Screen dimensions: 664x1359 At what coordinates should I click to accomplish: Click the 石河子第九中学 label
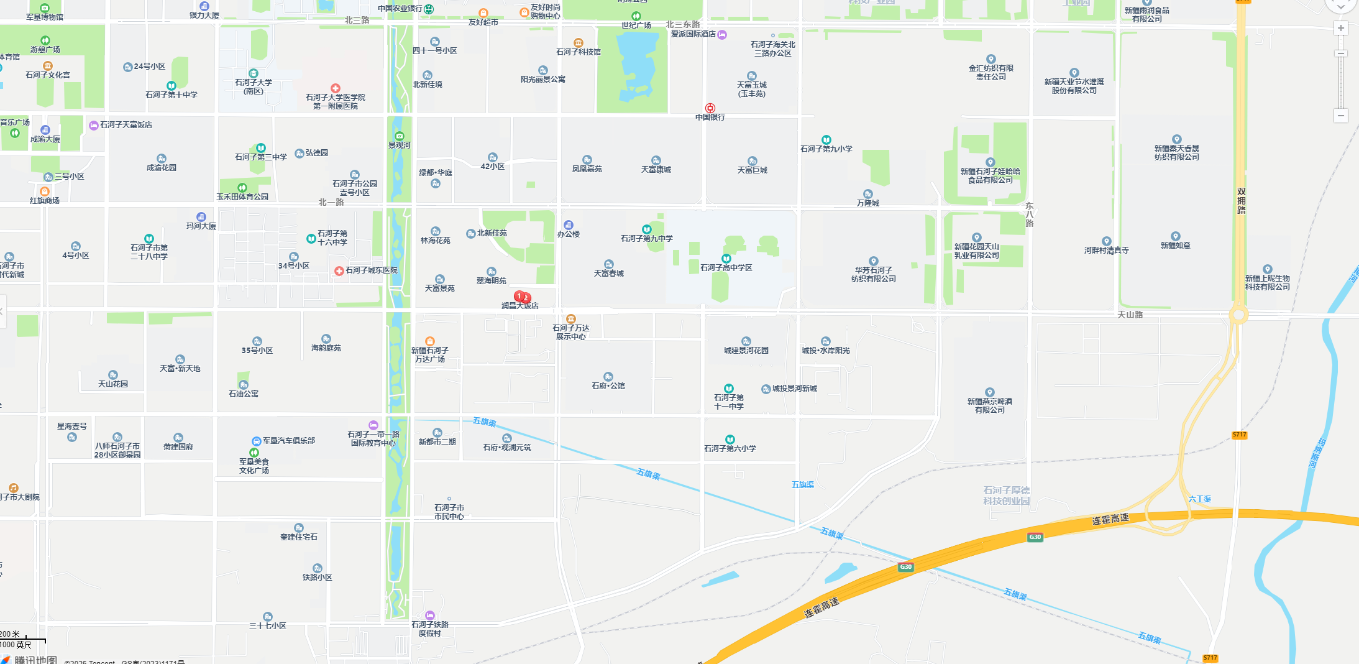tap(646, 239)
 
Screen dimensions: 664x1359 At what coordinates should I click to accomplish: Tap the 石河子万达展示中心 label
tap(571, 332)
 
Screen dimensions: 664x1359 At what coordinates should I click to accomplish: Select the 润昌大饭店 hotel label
tap(520, 306)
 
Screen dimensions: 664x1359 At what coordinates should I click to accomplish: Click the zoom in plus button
tap(1341, 28)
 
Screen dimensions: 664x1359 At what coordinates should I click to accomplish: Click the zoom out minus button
tap(1341, 116)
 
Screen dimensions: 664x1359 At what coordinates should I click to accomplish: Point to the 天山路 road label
tap(1130, 315)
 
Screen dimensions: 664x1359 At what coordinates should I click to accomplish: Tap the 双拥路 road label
tap(1241, 201)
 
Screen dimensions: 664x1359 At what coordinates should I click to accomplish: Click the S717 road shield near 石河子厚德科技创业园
tap(1239, 435)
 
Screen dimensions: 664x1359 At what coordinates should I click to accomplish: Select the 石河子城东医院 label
tap(371, 270)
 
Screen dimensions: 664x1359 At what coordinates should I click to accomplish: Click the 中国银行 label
tap(710, 117)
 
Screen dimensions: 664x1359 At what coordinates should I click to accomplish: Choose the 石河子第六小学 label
tap(730, 448)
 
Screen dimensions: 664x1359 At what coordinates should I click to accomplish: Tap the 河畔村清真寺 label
tap(1106, 250)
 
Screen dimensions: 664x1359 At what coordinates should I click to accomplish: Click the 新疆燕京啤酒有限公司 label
tap(989, 405)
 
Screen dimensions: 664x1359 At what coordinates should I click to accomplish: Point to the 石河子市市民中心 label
tap(449, 512)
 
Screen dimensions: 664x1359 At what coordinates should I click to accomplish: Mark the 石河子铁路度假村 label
tap(429, 629)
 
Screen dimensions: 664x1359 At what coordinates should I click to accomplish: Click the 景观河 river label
tap(399, 145)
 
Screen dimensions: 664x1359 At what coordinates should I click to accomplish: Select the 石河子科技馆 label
tap(578, 52)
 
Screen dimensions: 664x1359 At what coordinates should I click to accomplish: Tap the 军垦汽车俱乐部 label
tap(288, 440)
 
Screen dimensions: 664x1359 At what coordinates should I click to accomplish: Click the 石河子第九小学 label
tap(826, 149)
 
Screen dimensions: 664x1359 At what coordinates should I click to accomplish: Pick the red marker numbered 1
tap(519, 295)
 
